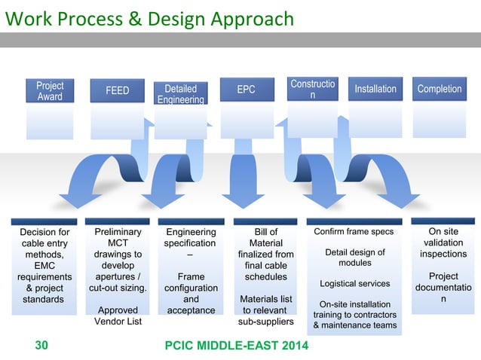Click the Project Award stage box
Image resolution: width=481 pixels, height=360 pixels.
pos(50,91)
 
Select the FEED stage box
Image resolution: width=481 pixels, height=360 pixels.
pos(117,91)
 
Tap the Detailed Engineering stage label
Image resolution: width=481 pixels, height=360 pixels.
pos(180,94)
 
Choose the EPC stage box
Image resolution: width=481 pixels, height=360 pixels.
pos(246,90)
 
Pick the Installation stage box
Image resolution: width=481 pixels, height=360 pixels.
pos(375,90)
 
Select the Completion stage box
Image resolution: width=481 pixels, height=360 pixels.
pos(439,90)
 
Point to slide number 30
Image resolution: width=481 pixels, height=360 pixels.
pos(41,346)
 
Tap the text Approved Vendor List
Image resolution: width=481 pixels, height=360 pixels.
pos(117,316)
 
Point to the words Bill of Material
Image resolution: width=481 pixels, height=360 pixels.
pos(265,238)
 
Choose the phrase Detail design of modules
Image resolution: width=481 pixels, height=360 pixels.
pos(354,258)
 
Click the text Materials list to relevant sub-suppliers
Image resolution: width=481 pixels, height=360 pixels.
pos(265,310)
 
